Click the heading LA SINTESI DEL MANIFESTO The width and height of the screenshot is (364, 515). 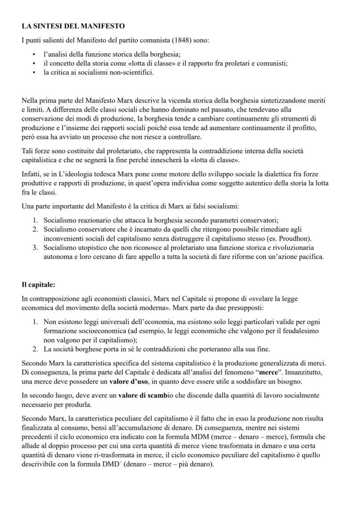coord(73,26)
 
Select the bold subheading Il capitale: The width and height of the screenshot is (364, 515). coord(39,285)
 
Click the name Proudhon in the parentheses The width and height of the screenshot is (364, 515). coord(295,238)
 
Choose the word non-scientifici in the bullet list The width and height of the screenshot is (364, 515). coord(131,72)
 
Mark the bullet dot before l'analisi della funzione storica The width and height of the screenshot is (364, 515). coord(34,55)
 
